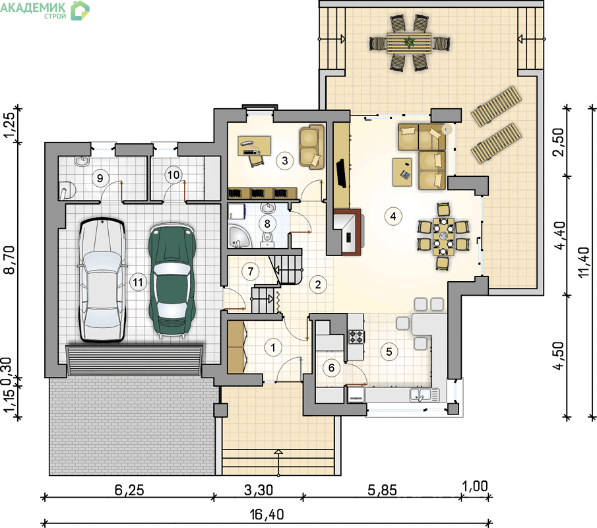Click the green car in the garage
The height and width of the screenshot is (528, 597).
point(172,280)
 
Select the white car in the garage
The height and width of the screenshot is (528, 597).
point(102,280)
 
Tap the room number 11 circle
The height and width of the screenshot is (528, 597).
point(138,282)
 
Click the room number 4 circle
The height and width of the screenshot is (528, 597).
point(393,216)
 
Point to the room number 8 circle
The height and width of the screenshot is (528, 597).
point(267,224)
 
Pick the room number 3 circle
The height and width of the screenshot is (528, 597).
point(285,161)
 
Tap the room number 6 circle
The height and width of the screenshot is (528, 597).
point(331,368)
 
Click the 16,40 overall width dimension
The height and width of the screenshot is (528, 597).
point(267,515)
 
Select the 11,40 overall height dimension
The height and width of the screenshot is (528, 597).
point(584,262)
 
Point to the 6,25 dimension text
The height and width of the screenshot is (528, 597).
point(129,490)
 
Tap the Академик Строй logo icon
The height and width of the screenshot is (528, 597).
point(80,11)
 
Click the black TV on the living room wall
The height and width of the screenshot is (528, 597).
point(341,174)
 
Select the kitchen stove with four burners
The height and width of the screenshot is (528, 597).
point(356,337)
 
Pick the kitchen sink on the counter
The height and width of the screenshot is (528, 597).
point(421,395)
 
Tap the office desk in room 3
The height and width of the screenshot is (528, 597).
point(255,146)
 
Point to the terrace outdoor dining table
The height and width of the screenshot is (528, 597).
point(409,43)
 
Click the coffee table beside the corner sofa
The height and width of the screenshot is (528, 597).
point(402,172)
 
